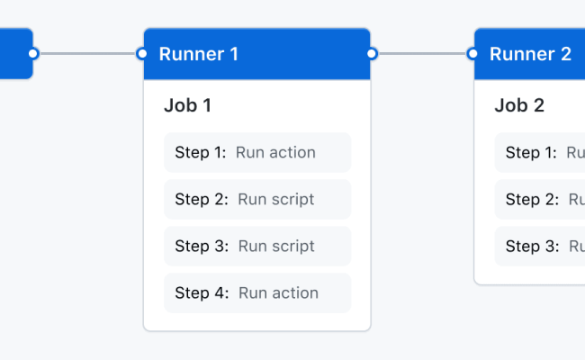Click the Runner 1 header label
[198, 54]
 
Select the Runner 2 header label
[530, 54]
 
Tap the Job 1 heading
[187, 105]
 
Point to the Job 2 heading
[519, 105]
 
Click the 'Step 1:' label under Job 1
[201, 152]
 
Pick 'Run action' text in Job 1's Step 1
[275, 152]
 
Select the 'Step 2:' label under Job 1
[202, 199]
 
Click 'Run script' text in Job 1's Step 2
[275, 199]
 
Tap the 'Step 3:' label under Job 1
[202, 246]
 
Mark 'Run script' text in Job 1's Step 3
[275, 246]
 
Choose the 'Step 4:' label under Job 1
[202, 292]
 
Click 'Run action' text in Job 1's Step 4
[277, 292]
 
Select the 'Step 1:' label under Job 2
[531, 152]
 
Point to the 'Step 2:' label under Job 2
[532, 199]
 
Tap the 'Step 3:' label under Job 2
[532, 246]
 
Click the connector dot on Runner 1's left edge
[142, 54]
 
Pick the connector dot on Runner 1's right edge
[372, 54]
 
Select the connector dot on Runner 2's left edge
[473, 54]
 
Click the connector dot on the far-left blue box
[33, 54]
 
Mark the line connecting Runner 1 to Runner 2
[422, 54]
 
